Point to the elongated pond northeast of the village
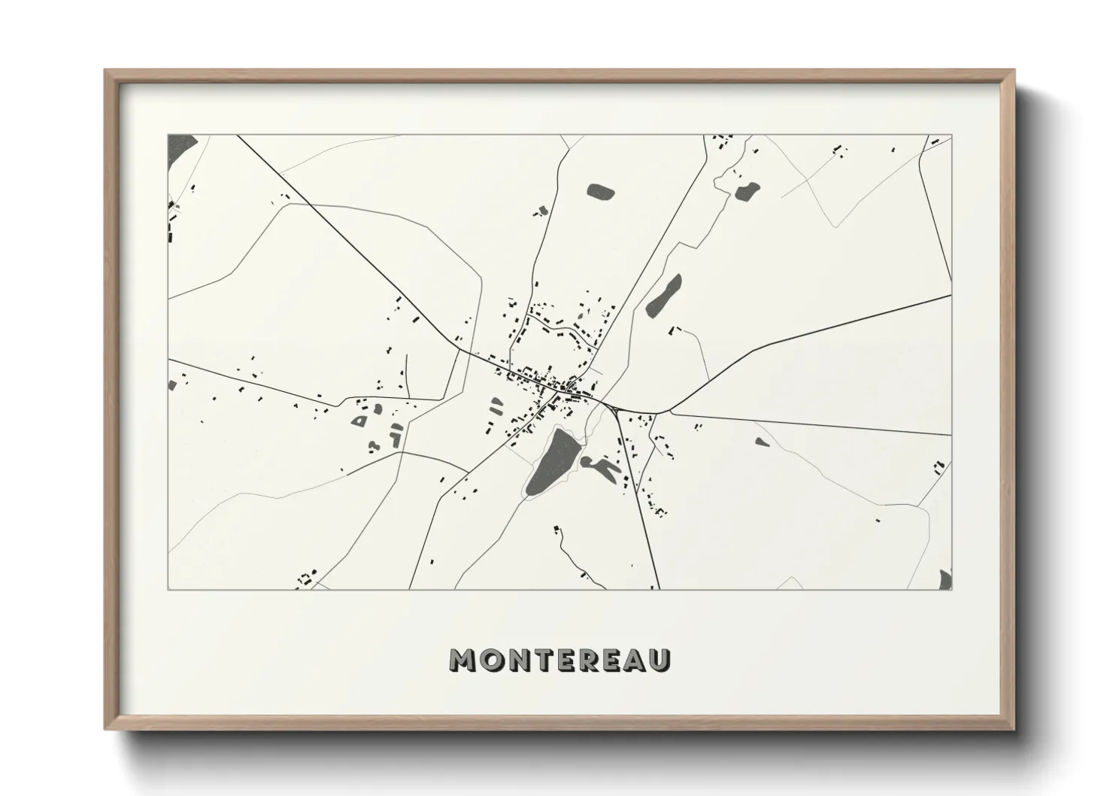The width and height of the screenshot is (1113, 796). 663,294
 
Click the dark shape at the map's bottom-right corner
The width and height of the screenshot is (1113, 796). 946,579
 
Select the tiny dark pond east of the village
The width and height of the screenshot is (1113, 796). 762,442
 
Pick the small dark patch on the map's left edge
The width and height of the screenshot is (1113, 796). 172,384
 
